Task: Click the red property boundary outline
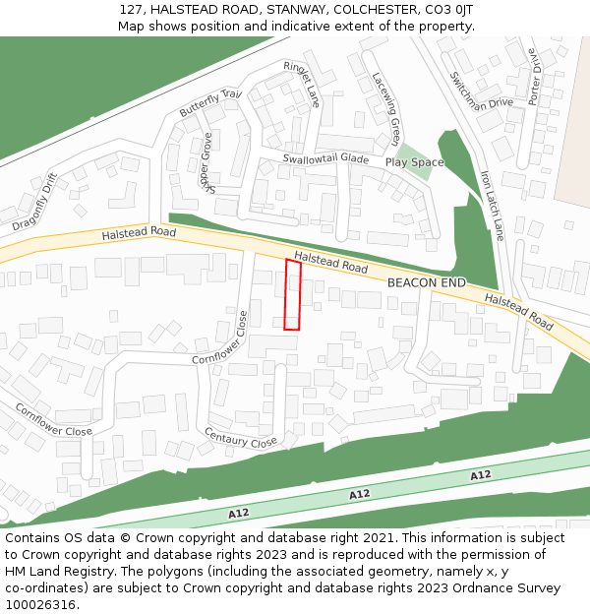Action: [292, 294]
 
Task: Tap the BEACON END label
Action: [426, 282]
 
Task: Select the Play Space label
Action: [414, 162]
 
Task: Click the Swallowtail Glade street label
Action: [325, 158]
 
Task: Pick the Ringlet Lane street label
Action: [303, 84]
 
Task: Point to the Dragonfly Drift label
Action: [36, 202]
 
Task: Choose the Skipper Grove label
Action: [206, 160]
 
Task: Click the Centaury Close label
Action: [240, 437]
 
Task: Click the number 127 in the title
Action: [131, 9]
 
